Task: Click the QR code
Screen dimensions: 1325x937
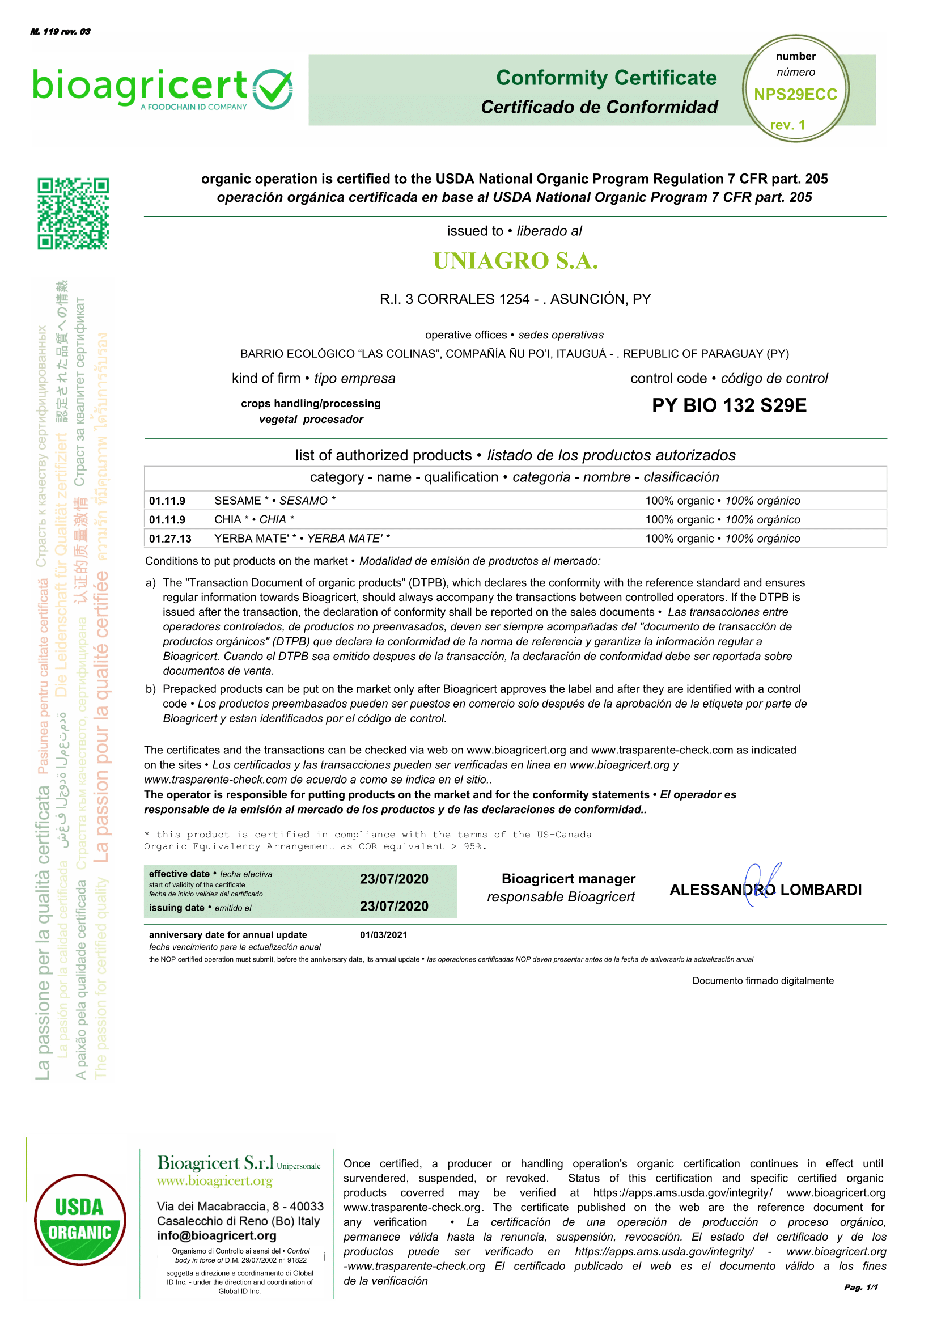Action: click(x=73, y=214)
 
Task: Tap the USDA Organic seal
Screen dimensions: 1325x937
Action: click(x=79, y=1220)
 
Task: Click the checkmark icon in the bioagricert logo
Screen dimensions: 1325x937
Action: click(x=273, y=89)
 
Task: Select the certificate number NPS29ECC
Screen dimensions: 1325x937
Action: click(x=795, y=95)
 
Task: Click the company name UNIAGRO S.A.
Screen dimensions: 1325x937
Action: click(x=515, y=261)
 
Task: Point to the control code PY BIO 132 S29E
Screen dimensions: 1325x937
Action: click(x=729, y=405)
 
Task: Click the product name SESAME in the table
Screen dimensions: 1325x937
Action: click(x=237, y=500)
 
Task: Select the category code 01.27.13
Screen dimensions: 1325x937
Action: click(x=170, y=539)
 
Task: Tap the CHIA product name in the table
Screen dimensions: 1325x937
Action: click(x=227, y=519)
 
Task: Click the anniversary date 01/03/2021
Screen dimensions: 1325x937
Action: click(x=383, y=935)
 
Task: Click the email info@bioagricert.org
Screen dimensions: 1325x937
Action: click(x=217, y=1235)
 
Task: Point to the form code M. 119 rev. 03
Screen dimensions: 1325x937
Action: click(x=61, y=32)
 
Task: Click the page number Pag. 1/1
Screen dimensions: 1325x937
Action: click(x=860, y=1287)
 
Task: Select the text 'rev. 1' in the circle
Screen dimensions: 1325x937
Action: click(x=787, y=125)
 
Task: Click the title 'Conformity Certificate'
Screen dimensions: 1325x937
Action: click(x=606, y=78)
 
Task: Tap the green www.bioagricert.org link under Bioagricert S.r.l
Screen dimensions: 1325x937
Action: click(x=215, y=1181)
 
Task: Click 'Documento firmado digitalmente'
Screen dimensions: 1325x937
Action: click(x=763, y=980)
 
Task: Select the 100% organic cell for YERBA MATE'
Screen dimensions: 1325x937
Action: click(x=722, y=539)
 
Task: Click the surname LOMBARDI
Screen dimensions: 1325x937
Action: click(x=820, y=890)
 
